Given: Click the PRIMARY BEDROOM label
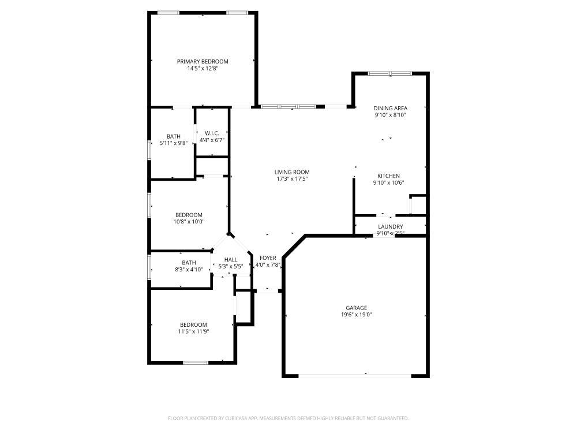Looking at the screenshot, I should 203,61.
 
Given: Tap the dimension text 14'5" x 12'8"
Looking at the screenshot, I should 203,68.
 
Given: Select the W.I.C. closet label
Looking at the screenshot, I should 212,133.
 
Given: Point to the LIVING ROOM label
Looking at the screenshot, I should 292,172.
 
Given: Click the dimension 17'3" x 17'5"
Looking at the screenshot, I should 292,179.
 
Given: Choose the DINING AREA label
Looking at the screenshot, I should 391,108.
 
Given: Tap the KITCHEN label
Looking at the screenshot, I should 388,176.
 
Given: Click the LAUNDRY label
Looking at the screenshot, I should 390,227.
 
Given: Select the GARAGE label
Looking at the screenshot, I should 356,308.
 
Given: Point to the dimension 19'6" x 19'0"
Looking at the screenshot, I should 356,315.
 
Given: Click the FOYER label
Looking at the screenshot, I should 268,258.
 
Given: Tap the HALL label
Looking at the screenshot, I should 231,260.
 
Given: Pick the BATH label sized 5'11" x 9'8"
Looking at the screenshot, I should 174,136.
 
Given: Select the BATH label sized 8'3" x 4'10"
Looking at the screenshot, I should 189,263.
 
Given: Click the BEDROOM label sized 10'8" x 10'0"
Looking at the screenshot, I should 189,215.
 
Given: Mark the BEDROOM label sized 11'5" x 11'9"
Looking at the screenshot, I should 193,324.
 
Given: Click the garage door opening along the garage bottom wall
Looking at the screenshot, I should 355,376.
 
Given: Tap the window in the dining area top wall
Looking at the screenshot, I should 390,73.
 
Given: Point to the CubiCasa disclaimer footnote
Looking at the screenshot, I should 288,418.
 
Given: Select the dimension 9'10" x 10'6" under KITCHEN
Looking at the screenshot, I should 388,183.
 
